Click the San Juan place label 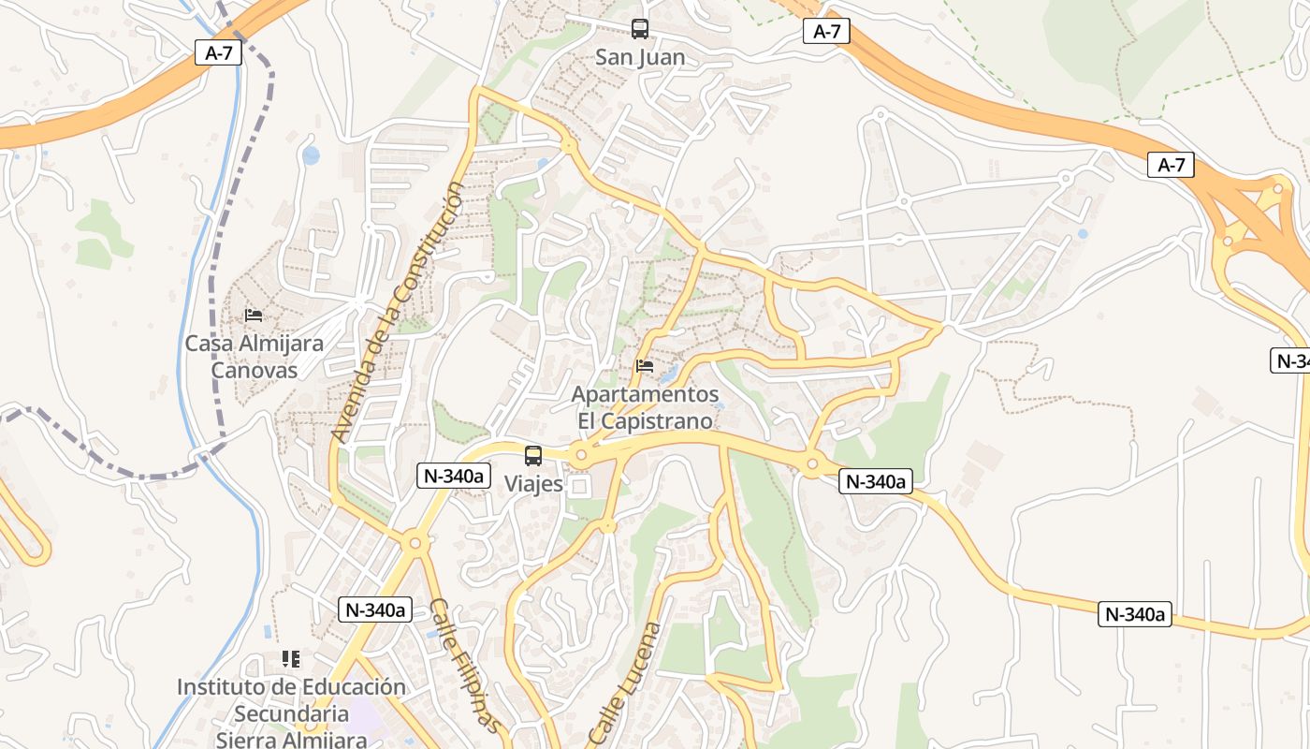coord(640,57)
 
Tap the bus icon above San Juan coord(640,29)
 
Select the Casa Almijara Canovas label coord(254,356)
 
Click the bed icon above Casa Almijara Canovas coord(254,316)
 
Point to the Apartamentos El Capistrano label coord(645,407)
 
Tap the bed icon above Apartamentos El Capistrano coord(645,366)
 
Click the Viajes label coord(533,484)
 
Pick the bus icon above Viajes coord(533,456)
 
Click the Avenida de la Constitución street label coord(397,313)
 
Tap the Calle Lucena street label coord(625,683)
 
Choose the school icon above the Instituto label coord(291,659)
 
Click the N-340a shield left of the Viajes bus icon coord(454,476)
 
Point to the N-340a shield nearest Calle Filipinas coord(375,609)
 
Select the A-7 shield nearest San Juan coord(826,32)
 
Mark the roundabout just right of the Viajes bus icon coord(581,456)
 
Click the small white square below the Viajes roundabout coord(579,486)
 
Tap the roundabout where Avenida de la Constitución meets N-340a coord(413,542)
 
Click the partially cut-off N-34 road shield coord(1292,360)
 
